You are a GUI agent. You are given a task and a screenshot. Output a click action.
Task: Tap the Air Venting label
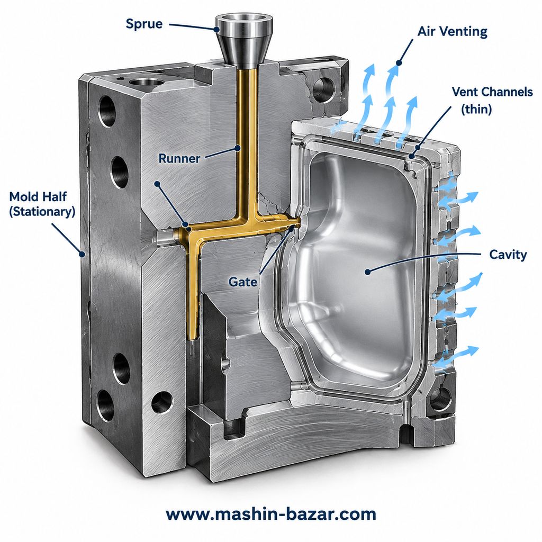452,32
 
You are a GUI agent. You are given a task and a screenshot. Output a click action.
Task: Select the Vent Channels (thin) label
492,100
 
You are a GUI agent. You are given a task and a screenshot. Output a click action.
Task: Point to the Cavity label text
508,255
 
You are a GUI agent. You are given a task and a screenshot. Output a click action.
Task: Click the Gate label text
242,282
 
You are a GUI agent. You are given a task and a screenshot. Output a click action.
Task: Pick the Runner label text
179,159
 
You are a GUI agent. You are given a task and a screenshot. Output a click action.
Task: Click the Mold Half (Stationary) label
42,204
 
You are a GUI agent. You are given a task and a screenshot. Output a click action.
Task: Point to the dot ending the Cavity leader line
368,272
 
